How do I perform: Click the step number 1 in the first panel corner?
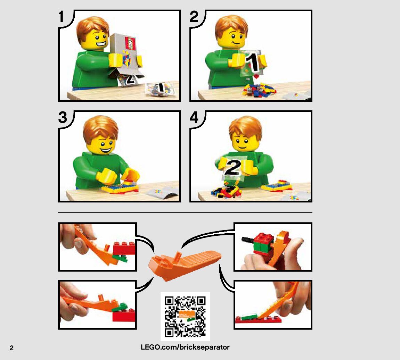[61, 17]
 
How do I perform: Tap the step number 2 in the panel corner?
[194, 17]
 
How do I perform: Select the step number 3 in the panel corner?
[63, 117]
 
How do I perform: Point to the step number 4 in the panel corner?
[194, 117]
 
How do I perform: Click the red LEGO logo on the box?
[130, 43]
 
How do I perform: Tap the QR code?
[185, 316]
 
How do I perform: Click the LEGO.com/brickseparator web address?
[185, 347]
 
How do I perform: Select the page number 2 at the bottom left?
[12, 348]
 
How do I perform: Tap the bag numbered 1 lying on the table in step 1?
[160, 89]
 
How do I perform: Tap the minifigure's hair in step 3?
[100, 129]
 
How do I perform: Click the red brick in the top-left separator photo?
[124, 248]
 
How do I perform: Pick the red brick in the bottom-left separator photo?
[124, 316]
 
